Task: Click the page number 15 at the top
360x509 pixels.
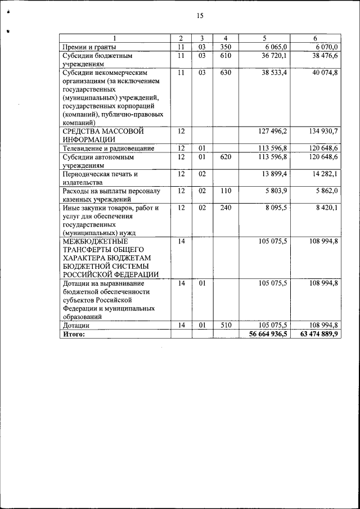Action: [x=199, y=16]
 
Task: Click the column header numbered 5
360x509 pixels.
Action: [x=264, y=38]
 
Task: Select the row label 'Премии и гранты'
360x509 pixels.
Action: [x=89, y=47]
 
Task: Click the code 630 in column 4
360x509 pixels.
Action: [x=226, y=73]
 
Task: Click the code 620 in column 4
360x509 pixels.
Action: [x=226, y=157]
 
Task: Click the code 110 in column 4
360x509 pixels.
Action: [x=226, y=191]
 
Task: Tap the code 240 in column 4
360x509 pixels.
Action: [x=226, y=208]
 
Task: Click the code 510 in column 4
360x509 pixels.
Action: [x=226, y=325]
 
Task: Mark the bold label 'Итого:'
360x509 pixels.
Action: [x=74, y=334]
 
